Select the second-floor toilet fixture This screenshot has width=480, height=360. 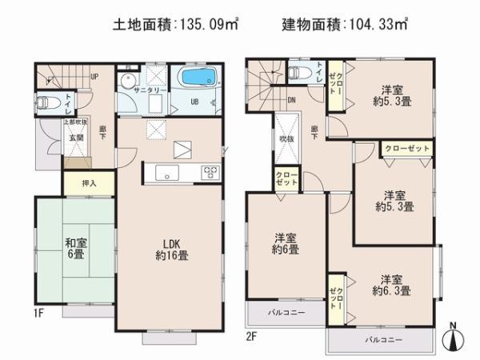click(x=300, y=73)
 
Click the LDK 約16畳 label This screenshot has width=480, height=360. click(x=172, y=250)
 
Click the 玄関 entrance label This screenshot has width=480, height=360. click(x=76, y=137)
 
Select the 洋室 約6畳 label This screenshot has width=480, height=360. click(x=286, y=243)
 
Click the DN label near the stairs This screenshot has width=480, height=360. click(x=292, y=100)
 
